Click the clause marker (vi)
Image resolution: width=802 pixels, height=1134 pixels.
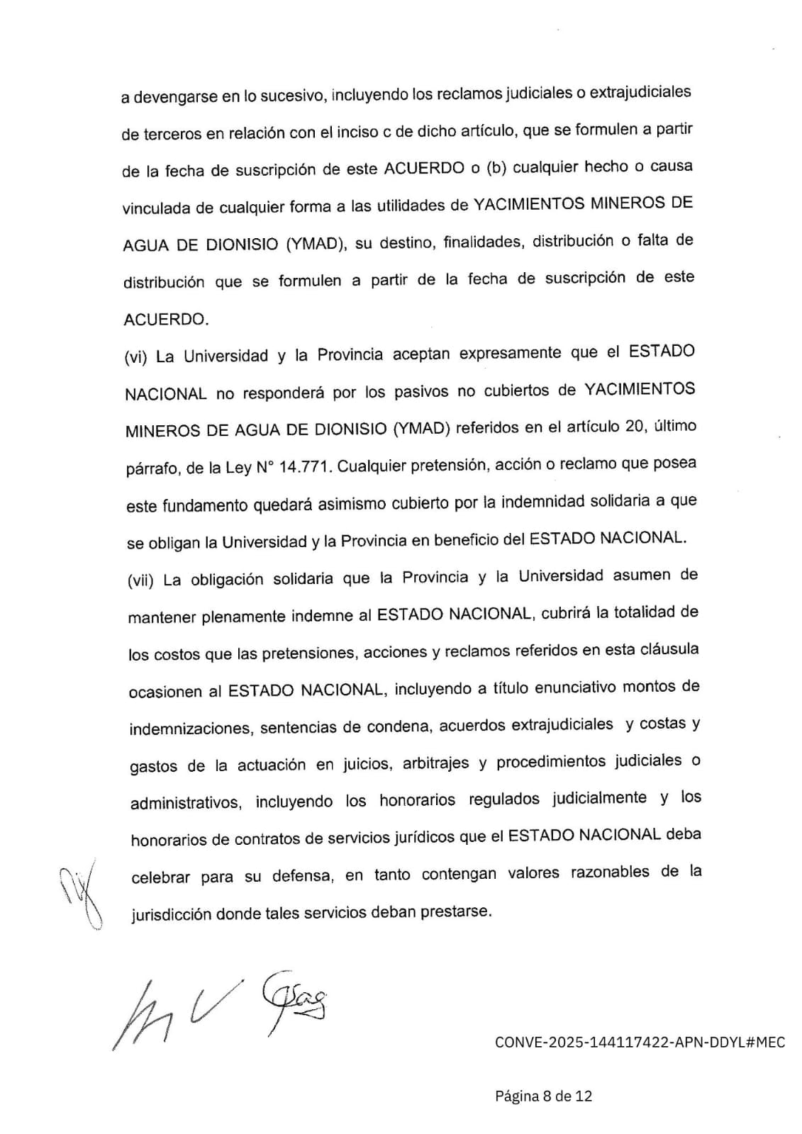[135, 357]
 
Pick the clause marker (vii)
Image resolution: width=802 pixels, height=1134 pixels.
[140, 581]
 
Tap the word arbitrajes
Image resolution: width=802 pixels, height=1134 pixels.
[435, 763]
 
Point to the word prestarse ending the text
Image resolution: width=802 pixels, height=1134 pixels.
[455, 911]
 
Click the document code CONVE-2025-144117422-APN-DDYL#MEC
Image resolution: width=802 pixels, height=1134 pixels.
[640, 1043]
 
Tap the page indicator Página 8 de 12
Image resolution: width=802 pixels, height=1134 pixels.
[543, 1096]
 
